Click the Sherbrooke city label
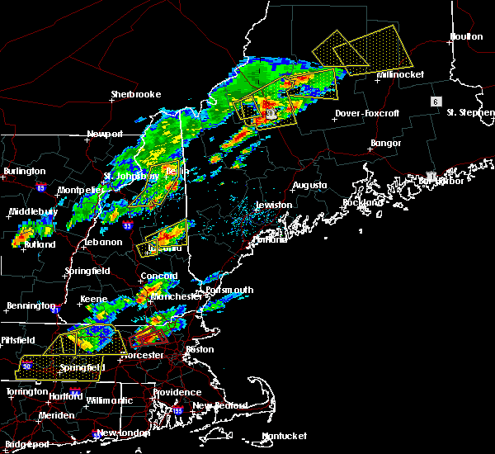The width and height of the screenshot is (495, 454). pyautogui.click(x=136, y=94)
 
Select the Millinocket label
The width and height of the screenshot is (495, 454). pyautogui.click(x=400, y=74)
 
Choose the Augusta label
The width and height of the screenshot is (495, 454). pyautogui.click(x=309, y=185)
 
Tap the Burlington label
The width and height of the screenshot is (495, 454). pyautogui.click(x=24, y=171)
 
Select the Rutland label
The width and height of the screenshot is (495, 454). pyautogui.click(x=40, y=244)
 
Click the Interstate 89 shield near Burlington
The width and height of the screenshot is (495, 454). pyautogui.click(x=40, y=188)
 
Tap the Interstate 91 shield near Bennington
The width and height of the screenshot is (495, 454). pyautogui.click(x=54, y=310)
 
